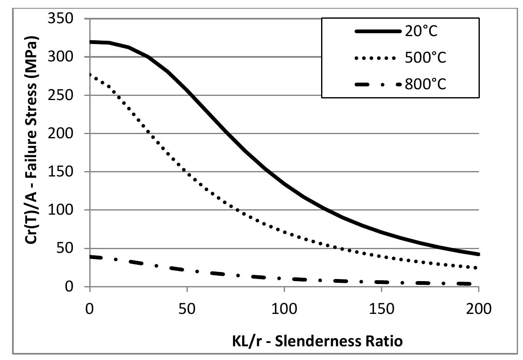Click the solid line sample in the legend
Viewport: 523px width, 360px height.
tap(376, 32)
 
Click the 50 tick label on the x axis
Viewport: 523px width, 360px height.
tap(187, 309)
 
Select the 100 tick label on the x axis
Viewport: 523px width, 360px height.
tap(284, 309)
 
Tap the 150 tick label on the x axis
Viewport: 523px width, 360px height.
tap(381, 309)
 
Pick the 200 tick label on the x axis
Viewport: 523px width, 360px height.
tap(479, 309)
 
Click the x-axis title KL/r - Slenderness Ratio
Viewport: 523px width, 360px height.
tap(284, 341)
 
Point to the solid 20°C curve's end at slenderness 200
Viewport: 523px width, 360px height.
tap(479, 254)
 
